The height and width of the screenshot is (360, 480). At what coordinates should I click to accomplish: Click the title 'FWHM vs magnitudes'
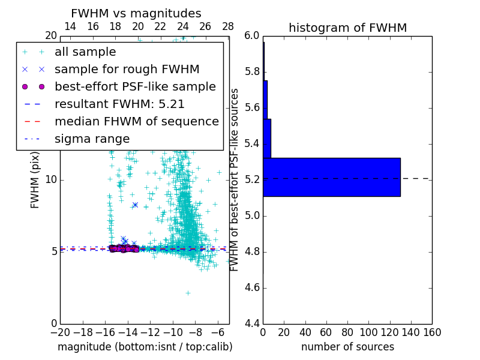(136, 13)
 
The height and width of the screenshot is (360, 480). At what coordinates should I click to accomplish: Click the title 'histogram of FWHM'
(347, 28)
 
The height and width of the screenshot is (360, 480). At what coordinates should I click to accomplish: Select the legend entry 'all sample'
(85, 52)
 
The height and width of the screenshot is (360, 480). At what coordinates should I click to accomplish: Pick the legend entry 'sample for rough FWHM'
(127, 70)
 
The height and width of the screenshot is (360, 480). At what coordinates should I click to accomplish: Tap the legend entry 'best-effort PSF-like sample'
(135, 86)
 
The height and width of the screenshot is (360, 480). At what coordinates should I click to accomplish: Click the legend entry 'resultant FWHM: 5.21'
(119, 104)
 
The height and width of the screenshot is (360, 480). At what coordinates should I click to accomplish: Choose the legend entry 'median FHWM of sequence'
(136, 121)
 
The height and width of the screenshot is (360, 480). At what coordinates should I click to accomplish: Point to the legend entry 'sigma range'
(92, 139)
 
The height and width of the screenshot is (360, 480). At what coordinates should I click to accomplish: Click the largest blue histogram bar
(331, 177)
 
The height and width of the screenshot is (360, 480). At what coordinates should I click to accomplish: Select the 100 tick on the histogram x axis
(368, 332)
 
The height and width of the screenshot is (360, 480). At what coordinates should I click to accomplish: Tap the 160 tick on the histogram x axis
(432, 332)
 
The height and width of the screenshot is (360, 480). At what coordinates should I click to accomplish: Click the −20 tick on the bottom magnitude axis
(60, 332)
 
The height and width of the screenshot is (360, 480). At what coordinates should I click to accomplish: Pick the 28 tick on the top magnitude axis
(228, 26)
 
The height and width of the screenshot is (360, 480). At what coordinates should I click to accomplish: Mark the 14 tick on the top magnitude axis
(70, 26)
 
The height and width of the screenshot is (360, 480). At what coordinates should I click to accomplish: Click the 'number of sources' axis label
(347, 347)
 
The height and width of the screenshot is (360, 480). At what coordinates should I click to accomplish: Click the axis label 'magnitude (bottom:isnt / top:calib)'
(145, 347)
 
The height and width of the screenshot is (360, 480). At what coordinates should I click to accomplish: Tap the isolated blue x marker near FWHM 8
(135, 205)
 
